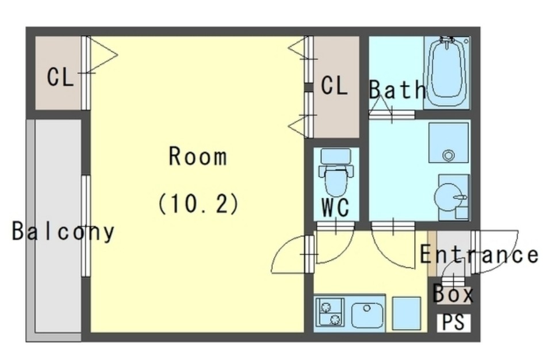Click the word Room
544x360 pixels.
coord(198,156)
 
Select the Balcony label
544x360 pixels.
coord(63,231)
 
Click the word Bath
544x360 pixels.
coord(397,90)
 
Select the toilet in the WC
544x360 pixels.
coord(335,172)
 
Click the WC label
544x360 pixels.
coord(335,208)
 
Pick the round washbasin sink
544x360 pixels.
coord(450,197)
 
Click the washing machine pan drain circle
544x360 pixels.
coord(449,155)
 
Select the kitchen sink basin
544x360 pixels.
coord(367,315)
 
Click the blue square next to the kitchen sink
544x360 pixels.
coord(406,313)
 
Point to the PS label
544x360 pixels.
coord(454,322)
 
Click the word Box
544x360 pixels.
coord(453,293)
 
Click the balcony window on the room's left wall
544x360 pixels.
coord(86,226)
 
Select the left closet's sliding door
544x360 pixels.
coord(86,73)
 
